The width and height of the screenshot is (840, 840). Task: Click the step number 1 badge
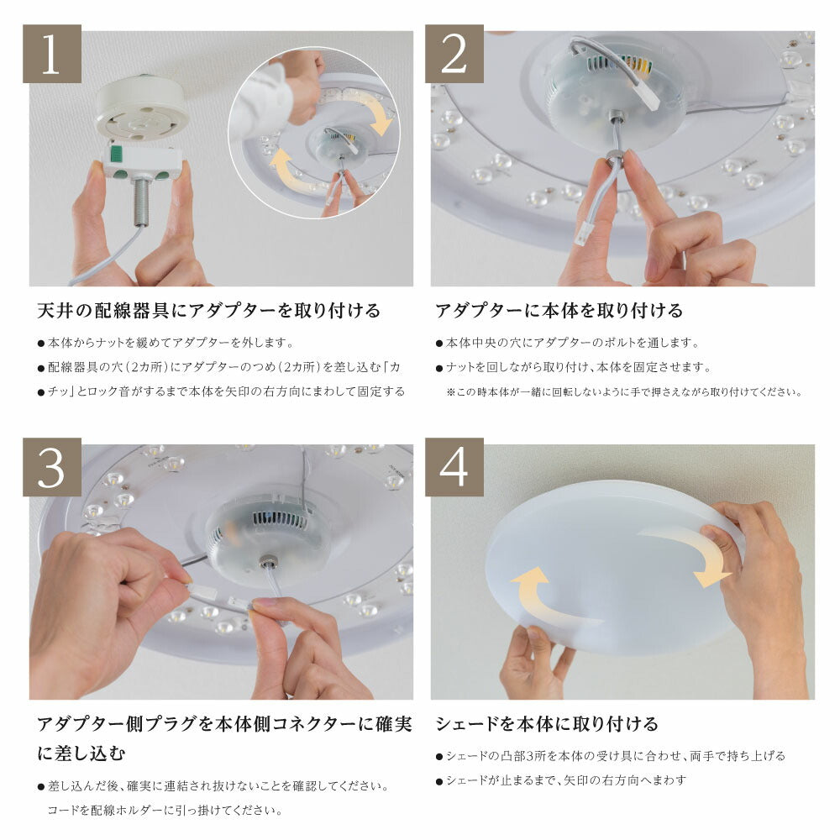pyautogui.click(x=51, y=54)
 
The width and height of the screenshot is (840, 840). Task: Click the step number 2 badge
pyautogui.click(x=454, y=54)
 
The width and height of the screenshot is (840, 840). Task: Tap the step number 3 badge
pyautogui.click(x=51, y=467)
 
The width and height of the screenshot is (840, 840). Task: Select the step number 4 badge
pyautogui.click(x=454, y=467)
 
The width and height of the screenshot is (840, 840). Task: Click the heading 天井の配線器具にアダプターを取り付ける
pyautogui.click(x=208, y=311)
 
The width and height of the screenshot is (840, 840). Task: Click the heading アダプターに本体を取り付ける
pyautogui.click(x=559, y=311)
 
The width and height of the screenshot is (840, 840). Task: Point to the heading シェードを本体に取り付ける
pyautogui.click(x=546, y=724)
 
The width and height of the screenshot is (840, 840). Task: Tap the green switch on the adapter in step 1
pyautogui.click(x=117, y=155)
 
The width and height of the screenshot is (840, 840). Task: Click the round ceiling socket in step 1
pyautogui.click(x=141, y=107)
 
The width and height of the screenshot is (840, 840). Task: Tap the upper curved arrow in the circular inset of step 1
pyautogui.click(x=375, y=114)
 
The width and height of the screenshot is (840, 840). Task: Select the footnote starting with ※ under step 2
pyautogui.click(x=623, y=391)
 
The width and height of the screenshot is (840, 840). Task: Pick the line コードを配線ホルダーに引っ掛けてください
pyautogui.click(x=165, y=811)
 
